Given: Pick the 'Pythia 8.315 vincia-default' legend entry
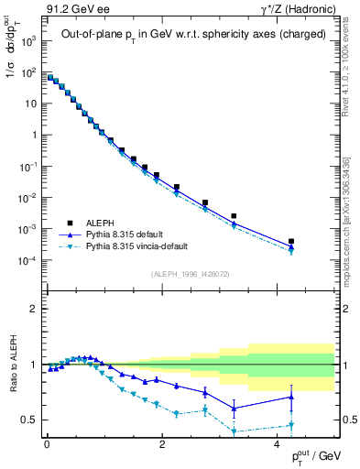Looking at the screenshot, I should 136,245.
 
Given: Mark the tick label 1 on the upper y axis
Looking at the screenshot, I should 34,135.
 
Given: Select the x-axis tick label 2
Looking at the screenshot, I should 162,443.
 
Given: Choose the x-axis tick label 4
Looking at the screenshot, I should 278,443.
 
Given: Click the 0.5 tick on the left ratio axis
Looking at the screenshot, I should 27,420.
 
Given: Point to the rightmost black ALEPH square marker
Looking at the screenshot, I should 290,242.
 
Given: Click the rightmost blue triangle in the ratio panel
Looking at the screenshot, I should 290,397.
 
